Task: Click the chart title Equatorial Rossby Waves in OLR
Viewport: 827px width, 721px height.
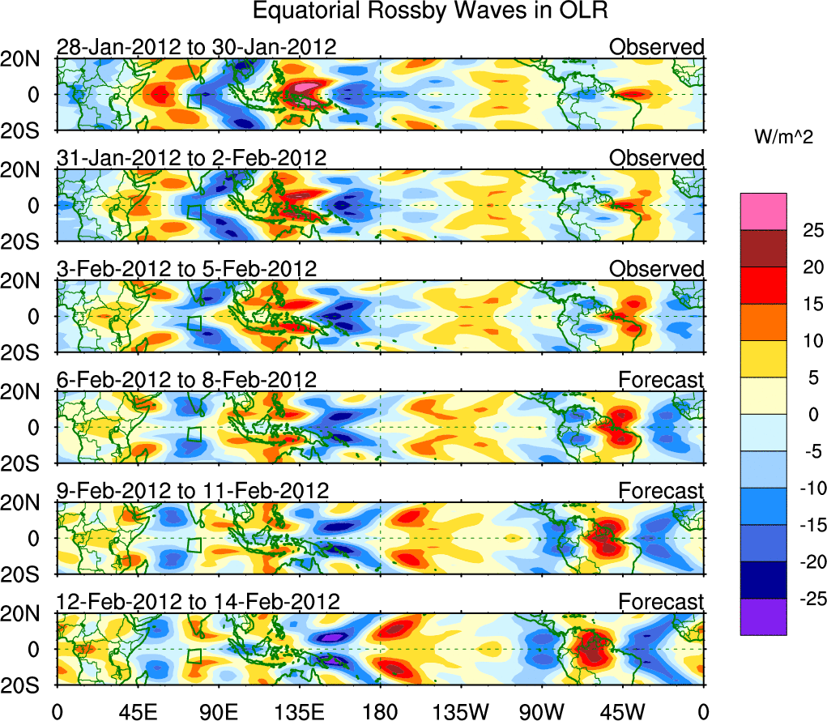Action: [430, 11]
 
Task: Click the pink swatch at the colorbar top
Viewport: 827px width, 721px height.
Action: [762, 211]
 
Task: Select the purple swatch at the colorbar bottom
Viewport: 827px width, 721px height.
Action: [762, 616]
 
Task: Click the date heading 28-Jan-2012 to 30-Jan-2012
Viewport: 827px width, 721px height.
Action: [196, 47]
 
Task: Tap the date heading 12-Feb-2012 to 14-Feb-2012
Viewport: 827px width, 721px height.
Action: [198, 602]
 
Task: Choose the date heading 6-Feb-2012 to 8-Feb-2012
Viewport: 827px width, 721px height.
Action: [186, 380]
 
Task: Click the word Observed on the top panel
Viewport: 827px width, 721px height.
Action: [656, 47]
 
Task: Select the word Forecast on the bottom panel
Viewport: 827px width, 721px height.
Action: [661, 602]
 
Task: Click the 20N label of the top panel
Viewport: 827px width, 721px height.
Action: [27, 59]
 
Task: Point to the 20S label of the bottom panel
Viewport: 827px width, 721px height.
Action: [27, 685]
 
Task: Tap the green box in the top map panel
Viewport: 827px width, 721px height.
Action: [195, 101]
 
